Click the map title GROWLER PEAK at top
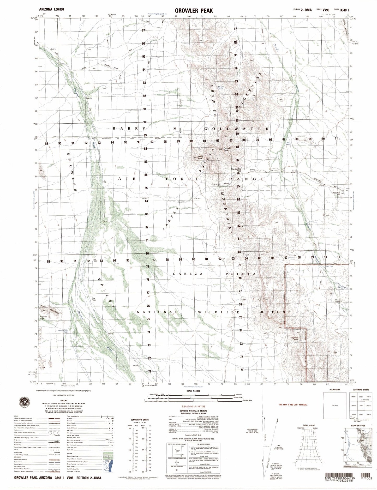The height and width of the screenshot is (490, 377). coord(194,10)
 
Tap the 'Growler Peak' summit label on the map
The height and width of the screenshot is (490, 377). coord(227,149)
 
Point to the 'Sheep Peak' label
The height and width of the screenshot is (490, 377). coord(200,158)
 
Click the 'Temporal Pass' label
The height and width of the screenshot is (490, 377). coord(294,338)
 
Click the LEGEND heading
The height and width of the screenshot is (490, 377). coord(64,401)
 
